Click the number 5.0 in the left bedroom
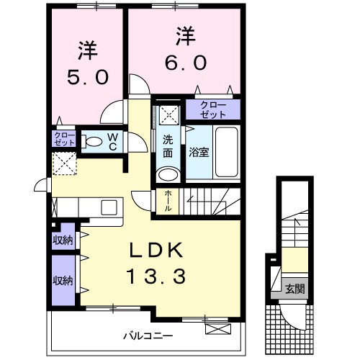click(x=89, y=74)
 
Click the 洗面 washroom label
click(x=167, y=147)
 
